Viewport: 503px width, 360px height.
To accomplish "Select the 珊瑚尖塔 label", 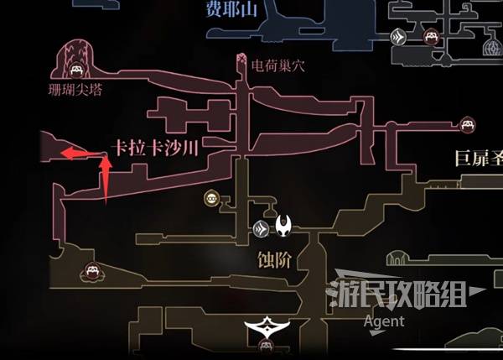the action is point(75,86).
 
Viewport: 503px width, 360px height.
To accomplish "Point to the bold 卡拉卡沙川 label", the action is point(158,149).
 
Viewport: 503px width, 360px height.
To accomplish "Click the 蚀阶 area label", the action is point(273,260).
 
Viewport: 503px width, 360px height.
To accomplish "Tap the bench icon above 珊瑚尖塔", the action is point(76,70).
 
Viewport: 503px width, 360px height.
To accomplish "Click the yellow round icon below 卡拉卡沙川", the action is point(210,199).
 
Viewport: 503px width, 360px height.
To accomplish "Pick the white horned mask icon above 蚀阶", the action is point(284,226).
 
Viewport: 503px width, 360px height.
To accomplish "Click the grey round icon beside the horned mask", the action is point(262,227).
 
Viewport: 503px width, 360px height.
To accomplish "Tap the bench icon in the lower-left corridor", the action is point(91,270).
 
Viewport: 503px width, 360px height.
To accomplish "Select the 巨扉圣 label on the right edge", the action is point(477,157).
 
